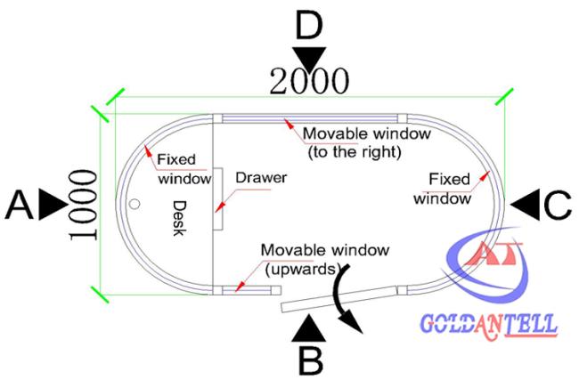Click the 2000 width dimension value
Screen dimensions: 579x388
click(x=309, y=81)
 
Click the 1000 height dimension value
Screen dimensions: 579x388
click(x=84, y=205)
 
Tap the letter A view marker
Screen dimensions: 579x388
click(x=20, y=205)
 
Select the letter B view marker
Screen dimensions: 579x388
click(x=310, y=360)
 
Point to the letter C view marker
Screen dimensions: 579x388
click(x=558, y=206)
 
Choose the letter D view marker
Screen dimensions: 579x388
click(x=309, y=25)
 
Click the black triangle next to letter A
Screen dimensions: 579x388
click(x=53, y=205)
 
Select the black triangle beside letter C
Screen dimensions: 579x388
click(x=526, y=205)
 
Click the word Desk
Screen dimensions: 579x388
click(x=179, y=218)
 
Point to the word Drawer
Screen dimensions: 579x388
click(x=261, y=178)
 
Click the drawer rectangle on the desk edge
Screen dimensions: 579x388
click(x=218, y=199)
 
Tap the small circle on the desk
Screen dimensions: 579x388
click(x=135, y=204)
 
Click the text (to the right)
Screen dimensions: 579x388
click(x=355, y=151)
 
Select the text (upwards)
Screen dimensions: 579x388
click(x=303, y=270)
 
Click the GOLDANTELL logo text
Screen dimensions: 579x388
click(x=488, y=325)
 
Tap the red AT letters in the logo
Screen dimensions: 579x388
click(x=493, y=254)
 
